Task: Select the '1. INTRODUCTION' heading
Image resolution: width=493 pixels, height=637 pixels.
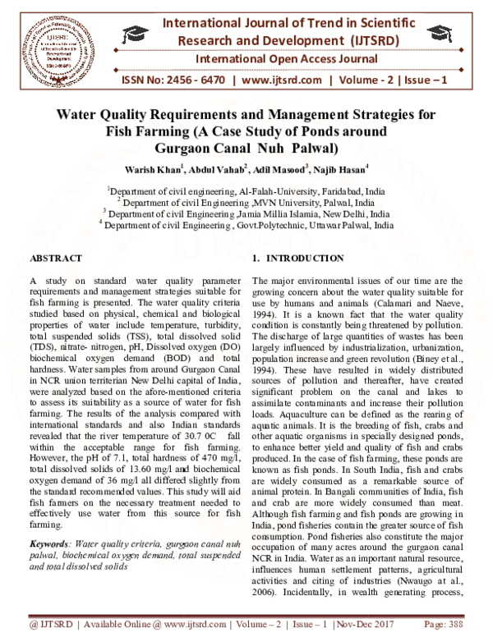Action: [298, 258]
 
